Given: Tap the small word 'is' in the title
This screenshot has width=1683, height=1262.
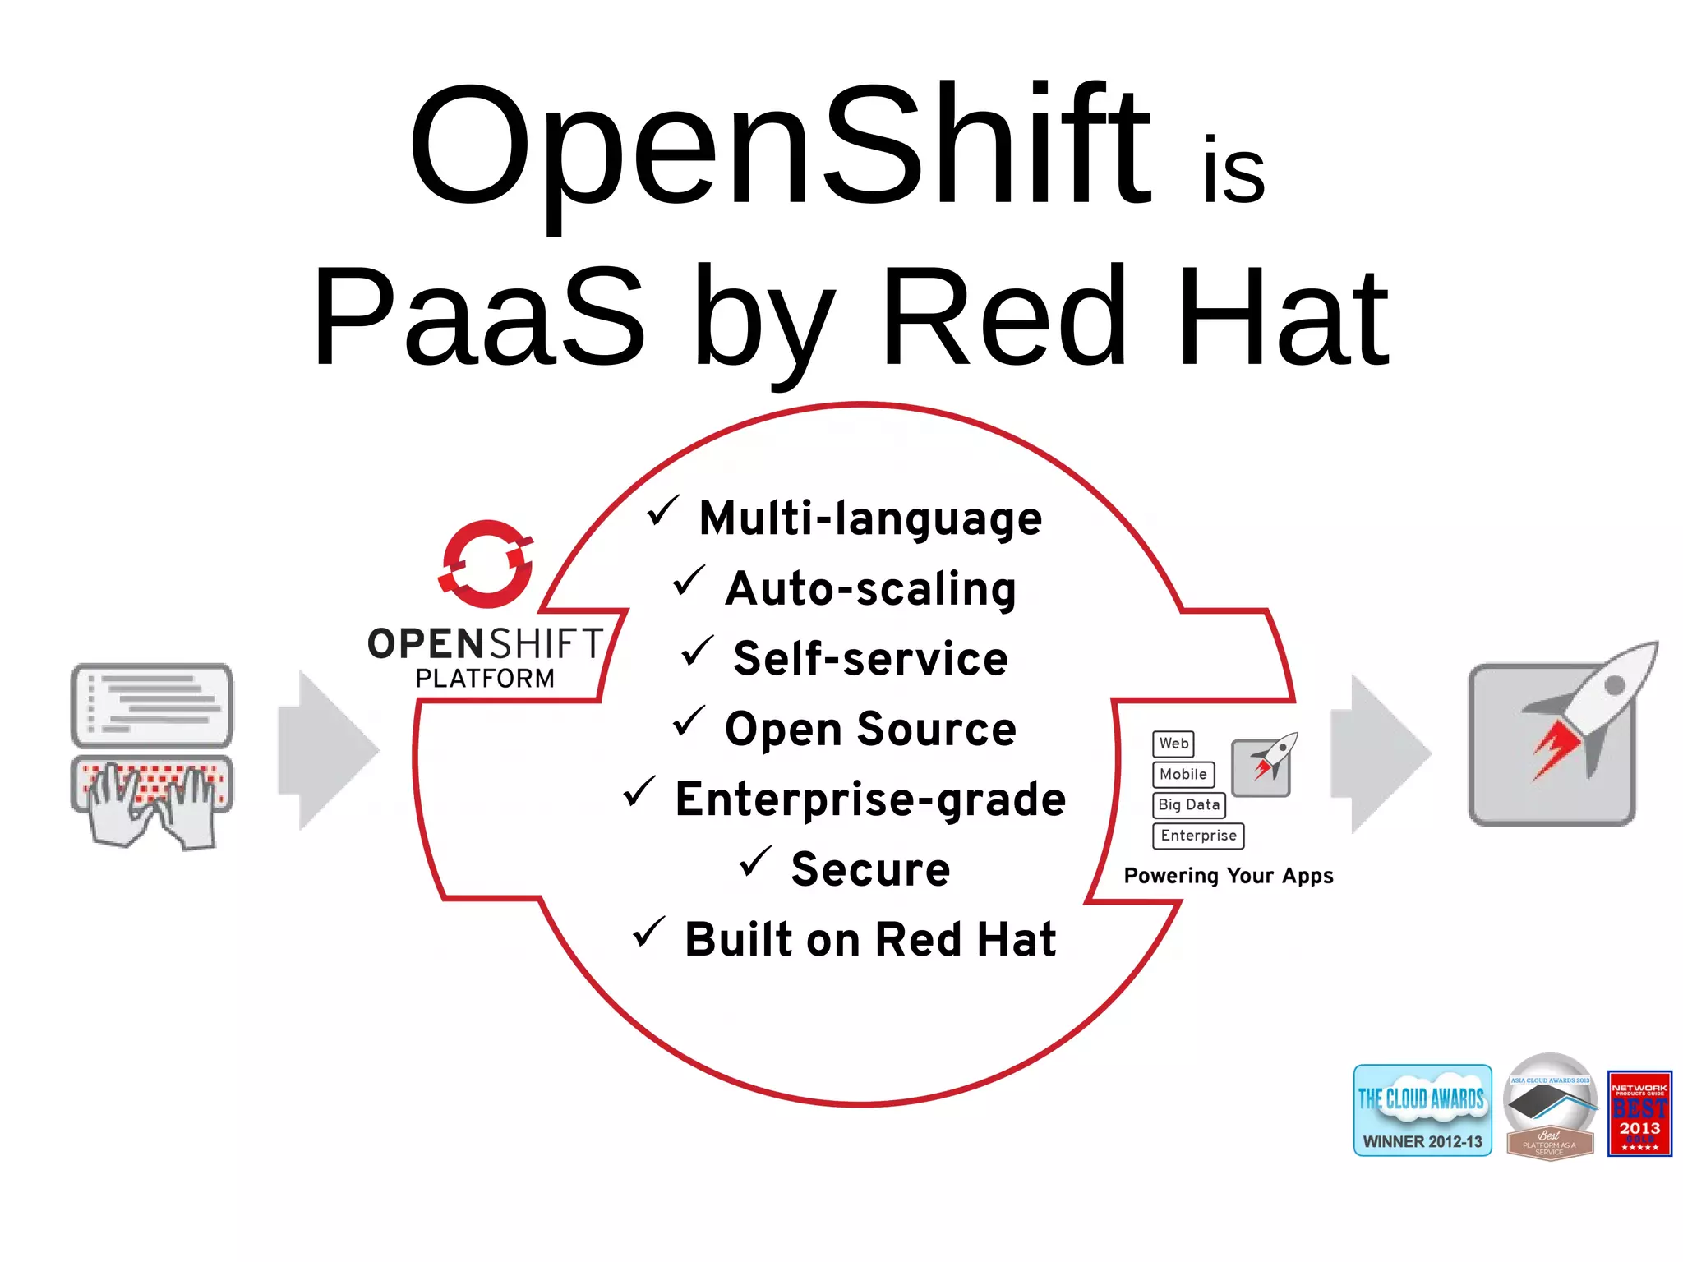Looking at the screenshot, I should click(1233, 171).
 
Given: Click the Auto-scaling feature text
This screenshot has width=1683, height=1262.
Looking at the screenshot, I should click(870, 589).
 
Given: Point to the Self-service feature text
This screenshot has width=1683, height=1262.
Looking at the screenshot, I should click(870, 659).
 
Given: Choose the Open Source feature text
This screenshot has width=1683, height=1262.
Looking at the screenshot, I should click(870, 729).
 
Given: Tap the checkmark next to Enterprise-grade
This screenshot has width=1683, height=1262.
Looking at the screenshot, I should click(639, 791).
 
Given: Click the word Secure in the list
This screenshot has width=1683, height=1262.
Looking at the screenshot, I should click(870, 869).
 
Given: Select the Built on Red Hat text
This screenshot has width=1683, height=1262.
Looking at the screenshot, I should click(870, 939).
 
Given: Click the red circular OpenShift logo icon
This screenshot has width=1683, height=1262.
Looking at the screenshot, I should click(486, 564).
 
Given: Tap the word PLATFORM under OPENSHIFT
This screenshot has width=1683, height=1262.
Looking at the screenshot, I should click(485, 679).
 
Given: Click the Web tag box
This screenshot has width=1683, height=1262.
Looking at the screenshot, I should click(1173, 744).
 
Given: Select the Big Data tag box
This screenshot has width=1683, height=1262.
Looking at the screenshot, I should click(1188, 805).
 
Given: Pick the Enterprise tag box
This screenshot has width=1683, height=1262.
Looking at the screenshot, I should click(1198, 836).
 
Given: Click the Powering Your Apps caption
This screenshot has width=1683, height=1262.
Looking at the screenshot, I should click(1228, 876).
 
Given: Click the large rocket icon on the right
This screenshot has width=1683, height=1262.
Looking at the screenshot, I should click(1561, 735).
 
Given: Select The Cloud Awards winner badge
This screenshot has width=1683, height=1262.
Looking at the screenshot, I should click(1422, 1111).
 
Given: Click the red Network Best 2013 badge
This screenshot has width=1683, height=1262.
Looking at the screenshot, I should click(1639, 1113).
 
